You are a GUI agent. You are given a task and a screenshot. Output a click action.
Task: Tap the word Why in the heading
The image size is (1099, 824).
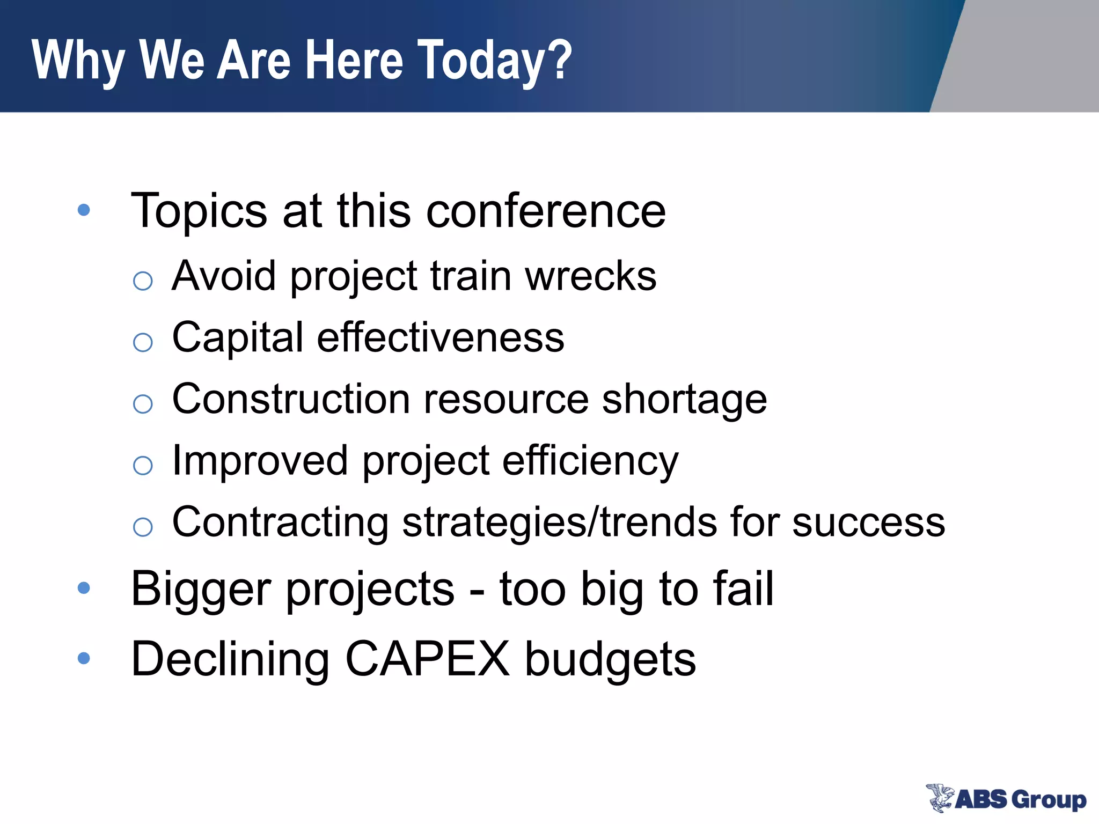(78, 60)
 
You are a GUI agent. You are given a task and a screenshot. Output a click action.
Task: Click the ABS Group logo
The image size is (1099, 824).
(1007, 799)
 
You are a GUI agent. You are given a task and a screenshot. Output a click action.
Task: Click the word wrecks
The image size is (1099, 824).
(590, 276)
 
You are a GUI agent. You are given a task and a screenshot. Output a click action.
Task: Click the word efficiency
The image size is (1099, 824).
(590, 461)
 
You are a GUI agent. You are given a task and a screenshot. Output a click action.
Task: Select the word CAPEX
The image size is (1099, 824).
(427, 659)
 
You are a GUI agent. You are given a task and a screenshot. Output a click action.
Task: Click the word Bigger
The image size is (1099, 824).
(201, 589)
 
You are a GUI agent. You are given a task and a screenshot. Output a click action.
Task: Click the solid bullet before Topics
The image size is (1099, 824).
(84, 210)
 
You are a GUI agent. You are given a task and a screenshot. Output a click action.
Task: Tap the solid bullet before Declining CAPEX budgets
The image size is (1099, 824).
(84, 658)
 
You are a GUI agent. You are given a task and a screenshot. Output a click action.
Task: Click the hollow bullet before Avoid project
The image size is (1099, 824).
(143, 281)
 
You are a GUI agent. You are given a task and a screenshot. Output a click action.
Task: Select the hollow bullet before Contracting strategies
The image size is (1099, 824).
(143, 527)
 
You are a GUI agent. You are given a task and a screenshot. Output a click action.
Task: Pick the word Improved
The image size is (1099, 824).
(260, 461)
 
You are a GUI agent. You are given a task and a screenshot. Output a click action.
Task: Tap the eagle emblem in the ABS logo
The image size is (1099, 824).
(940, 798)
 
